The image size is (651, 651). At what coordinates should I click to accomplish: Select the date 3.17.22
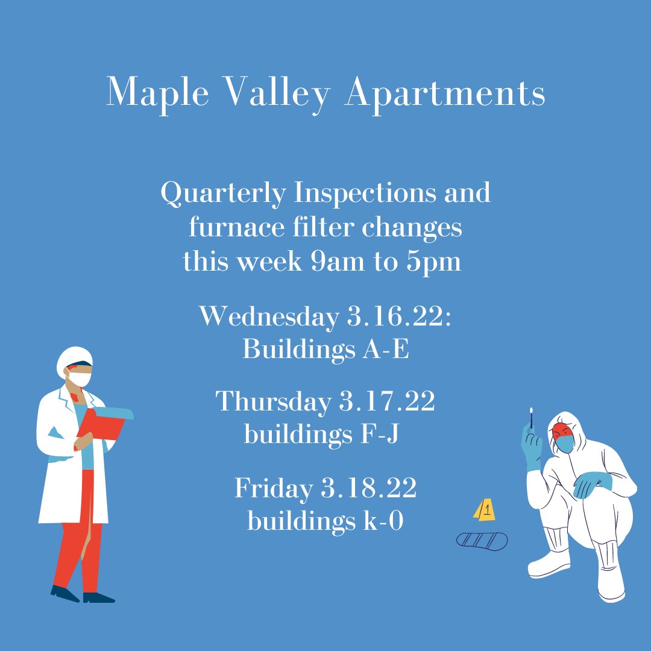click(386, 403)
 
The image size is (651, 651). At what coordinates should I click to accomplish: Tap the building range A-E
click(386, 350)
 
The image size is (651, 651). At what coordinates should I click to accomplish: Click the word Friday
click(272, 488)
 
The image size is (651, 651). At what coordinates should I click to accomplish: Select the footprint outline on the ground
click(482, 539)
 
